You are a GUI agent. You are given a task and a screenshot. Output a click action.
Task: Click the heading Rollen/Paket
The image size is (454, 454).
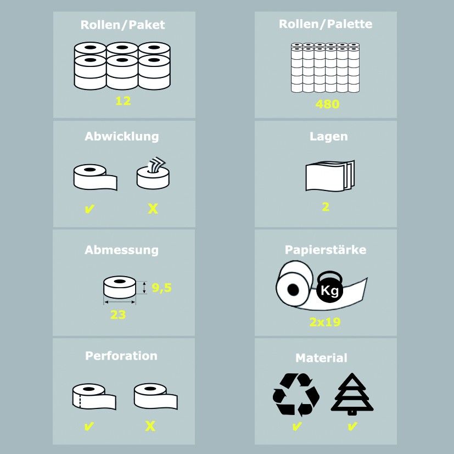point(122,25)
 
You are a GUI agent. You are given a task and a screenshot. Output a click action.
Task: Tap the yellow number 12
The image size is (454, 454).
point(123,101)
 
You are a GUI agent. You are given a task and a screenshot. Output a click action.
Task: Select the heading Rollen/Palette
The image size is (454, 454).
point(326,24)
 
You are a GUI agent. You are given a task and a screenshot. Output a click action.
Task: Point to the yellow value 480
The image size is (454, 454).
point(327,104)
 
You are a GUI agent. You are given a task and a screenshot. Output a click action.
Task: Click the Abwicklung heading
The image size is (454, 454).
point(122,137)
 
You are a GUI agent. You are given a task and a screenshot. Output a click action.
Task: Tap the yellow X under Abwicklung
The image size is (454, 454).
point(153,209)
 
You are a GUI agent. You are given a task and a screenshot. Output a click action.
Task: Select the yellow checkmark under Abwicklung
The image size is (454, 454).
point(89,209)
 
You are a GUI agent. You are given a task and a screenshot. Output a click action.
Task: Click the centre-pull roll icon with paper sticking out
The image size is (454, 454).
point(153,173)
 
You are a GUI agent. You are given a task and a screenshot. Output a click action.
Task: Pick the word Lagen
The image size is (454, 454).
point(329,136)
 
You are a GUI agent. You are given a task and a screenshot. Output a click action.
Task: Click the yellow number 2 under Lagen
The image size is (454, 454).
point(326,207)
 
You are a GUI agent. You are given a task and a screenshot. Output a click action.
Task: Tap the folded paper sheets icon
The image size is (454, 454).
point(330,176)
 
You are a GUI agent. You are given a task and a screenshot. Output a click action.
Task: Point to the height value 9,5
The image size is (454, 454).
point(161,288)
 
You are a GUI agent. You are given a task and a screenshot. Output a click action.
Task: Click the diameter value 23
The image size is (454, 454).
point(118,315)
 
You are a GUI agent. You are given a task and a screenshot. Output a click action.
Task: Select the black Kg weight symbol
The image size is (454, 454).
point(330,287)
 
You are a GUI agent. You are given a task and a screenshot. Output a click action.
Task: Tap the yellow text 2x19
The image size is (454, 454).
point(325,322)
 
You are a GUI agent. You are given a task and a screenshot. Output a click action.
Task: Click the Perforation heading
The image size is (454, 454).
point(121,356)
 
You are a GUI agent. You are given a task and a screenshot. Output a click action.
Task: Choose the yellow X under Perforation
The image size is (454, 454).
point(150,426)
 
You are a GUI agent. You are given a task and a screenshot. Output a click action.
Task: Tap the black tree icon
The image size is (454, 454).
point(352,394)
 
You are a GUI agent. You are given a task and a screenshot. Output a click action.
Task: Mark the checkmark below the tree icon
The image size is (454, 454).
point(352,427)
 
